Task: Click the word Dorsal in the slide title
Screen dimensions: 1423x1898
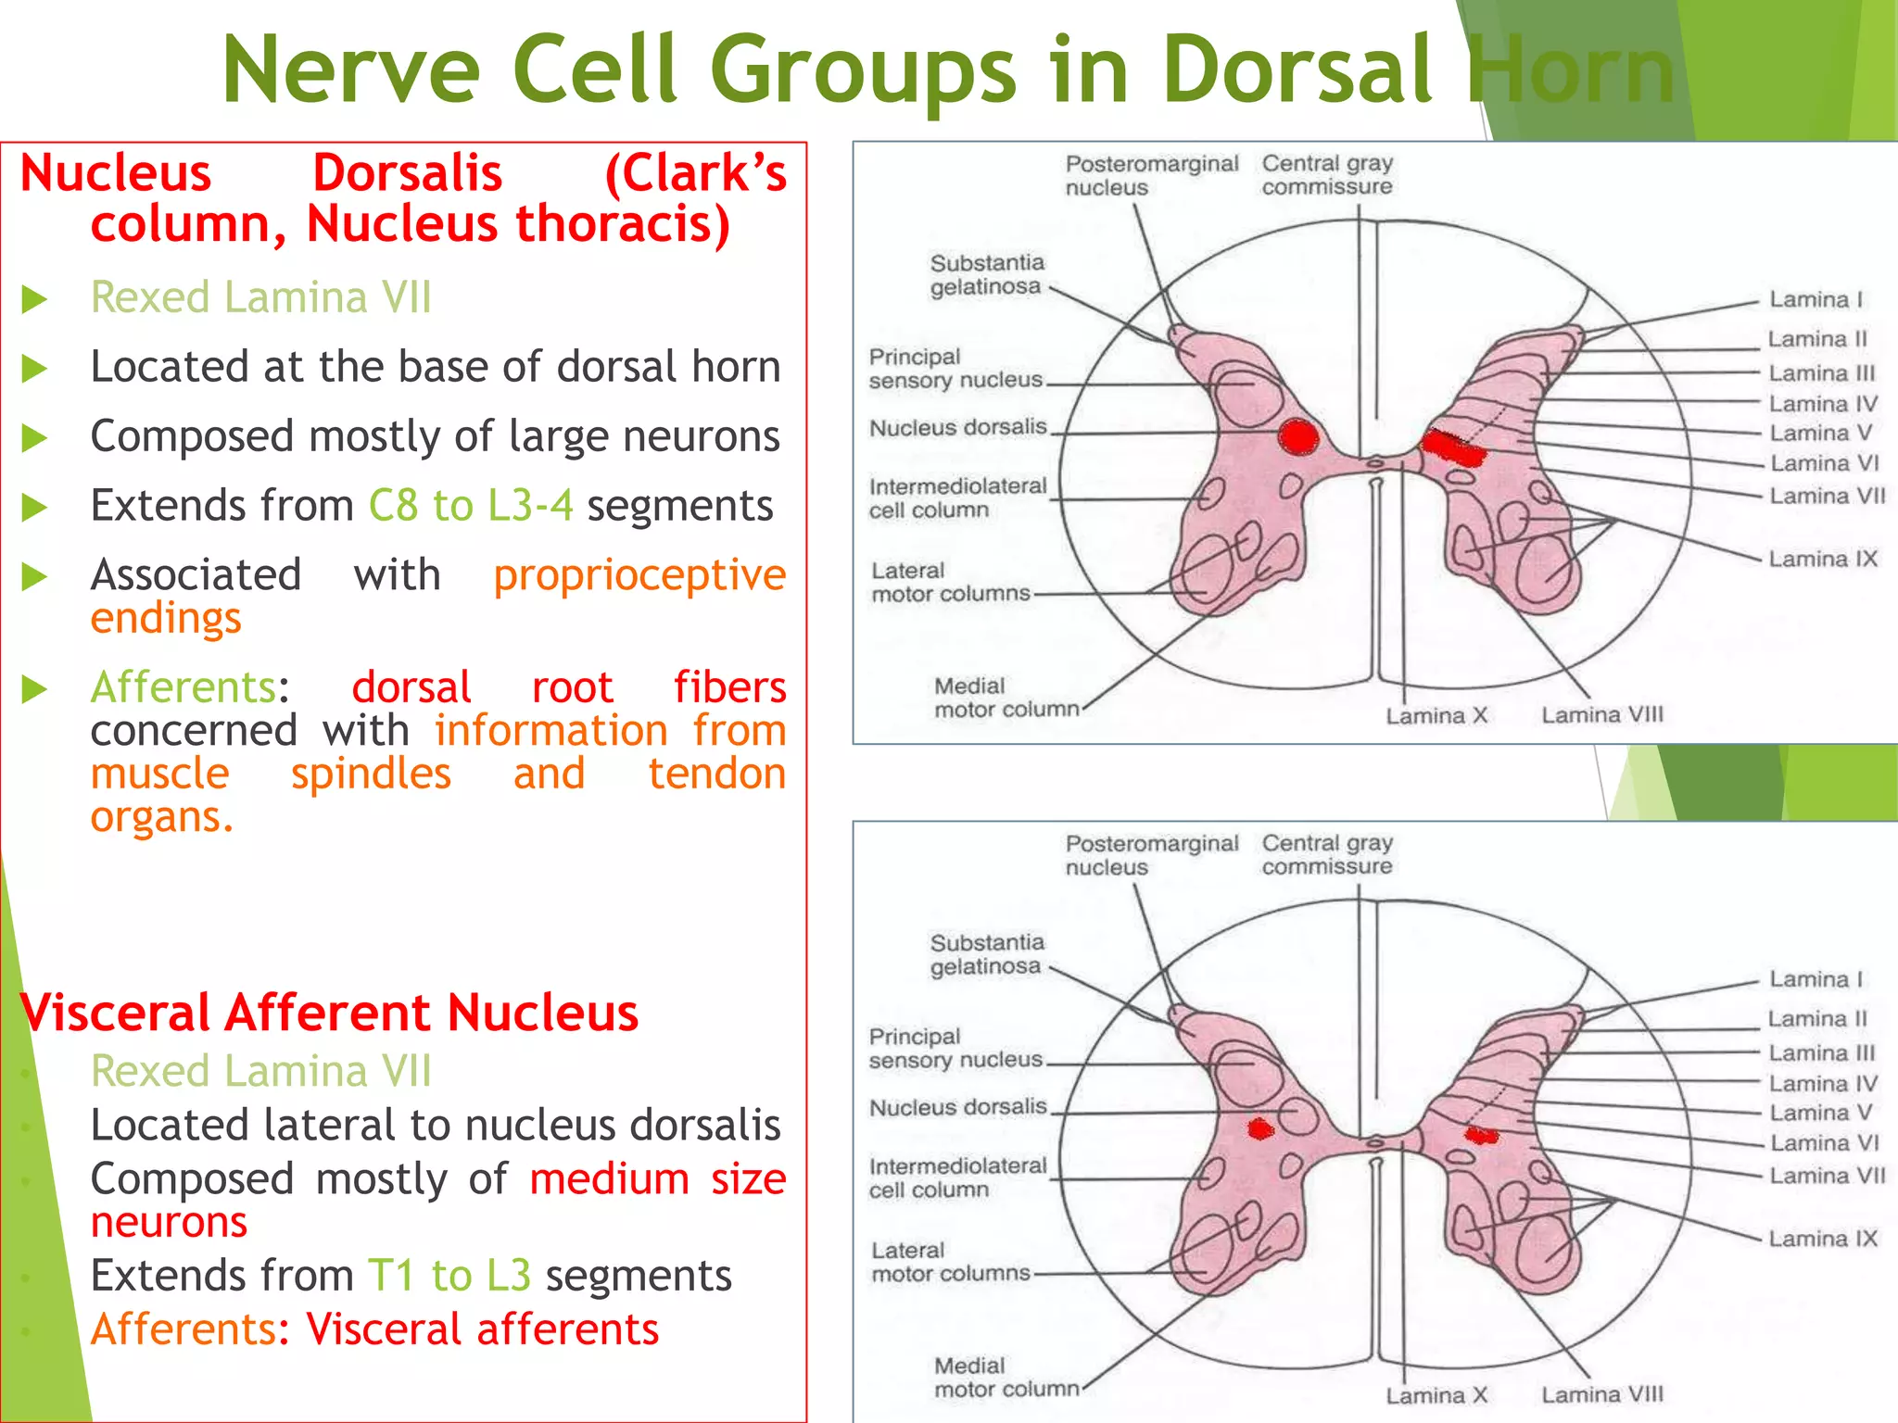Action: pos(1297,70)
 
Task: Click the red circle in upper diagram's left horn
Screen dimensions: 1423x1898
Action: pos(1298,435)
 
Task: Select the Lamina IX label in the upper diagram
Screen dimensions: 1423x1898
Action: pos(1822,560)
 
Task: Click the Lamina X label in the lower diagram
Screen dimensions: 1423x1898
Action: pos(1436,1395)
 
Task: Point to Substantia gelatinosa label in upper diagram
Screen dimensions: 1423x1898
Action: pos(986,275)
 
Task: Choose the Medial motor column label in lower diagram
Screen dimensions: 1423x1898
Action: pos(1006,1378)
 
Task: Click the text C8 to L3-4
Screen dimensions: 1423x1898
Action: pos(470,506)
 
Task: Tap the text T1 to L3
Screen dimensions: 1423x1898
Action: pos(449,1276)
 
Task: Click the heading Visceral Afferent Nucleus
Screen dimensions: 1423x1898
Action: pos(329,1013)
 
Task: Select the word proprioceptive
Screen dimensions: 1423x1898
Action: pos(639,575)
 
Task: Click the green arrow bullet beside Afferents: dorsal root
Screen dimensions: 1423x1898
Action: pos(34,688)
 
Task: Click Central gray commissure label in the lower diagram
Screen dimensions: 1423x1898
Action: pos(1326,854)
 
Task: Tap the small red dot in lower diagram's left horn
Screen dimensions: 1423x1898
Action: pos(1259,1128)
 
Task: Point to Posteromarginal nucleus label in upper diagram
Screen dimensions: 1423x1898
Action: pos(1150,175)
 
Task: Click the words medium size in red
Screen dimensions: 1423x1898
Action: pos(657,1179)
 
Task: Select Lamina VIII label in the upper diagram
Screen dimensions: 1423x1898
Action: pos(1601,715)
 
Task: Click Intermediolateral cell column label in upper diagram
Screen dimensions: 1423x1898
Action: pos(956,498)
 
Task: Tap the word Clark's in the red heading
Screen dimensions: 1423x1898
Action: pos(695,173)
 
